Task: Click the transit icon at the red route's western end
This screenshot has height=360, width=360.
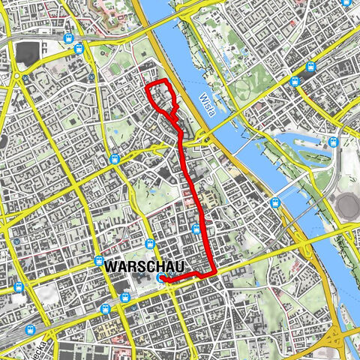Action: [161, 277]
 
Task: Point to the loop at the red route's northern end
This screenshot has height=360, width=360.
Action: [162, 97]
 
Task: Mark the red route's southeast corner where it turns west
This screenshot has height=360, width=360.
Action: [215, 273]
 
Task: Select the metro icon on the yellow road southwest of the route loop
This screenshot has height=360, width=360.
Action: [115, 158]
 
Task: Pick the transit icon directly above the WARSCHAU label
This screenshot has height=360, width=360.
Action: [148, 245]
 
